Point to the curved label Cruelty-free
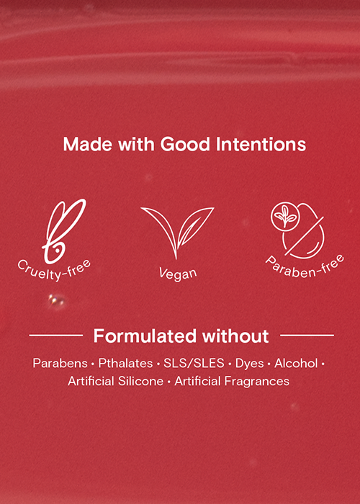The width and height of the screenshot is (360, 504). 54,270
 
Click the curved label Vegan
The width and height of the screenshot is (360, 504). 177,273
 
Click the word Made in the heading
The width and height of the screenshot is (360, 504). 88,145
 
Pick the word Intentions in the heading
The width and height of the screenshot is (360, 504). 261,145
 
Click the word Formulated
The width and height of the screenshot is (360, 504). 145,336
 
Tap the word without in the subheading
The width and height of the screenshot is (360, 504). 235,336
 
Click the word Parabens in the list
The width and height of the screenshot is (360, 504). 60,363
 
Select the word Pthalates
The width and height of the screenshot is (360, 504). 125,363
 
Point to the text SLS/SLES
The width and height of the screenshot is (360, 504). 194,363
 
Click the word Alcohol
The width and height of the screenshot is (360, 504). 296,363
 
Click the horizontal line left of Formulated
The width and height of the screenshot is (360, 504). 56,336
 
